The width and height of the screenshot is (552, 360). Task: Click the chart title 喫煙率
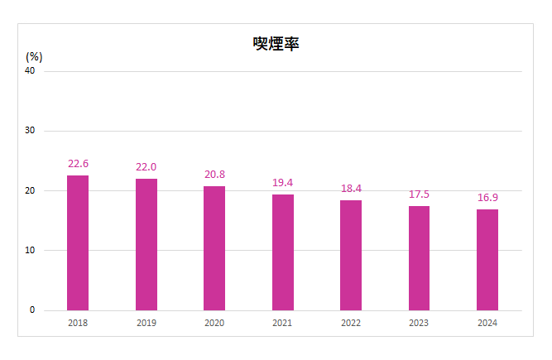click(276, 44)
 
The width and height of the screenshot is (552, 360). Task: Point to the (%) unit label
click(34, 57)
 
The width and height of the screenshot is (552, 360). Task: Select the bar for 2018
click(78, 242)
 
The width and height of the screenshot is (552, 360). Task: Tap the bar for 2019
click(146, 244)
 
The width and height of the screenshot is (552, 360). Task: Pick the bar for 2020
click(214, 248)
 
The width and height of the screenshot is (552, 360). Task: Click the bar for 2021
click(283, 252)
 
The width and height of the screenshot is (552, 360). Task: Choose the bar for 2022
click(351, 255)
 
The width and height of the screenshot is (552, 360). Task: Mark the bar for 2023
click(419, 258)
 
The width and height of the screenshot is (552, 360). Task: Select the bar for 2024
click(487, 260)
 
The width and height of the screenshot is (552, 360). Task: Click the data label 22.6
click(78, 163)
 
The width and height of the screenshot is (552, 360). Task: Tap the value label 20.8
click(214, 175)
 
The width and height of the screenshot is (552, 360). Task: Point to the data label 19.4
click(283, 182)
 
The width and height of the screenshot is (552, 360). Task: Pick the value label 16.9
click(487, 198)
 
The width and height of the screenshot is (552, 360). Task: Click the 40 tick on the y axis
click(30, 71)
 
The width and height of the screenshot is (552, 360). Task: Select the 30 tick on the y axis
click(30, 131)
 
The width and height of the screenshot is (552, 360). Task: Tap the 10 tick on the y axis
click(30, 251)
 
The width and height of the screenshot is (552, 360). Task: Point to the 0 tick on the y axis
click(32, 310)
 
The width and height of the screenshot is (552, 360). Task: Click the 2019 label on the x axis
click(146, 323)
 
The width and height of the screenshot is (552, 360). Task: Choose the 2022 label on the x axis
click(351, 323)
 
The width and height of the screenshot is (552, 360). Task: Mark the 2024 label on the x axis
click(487, 323)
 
